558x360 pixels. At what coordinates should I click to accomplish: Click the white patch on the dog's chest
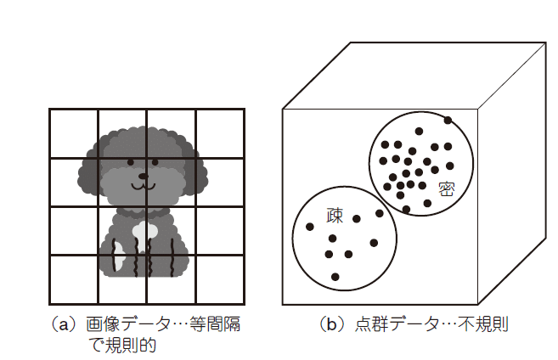click(144, 229)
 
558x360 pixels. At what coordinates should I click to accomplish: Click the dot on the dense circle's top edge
click(448, 120)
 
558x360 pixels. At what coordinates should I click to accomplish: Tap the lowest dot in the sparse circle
click(335, 276)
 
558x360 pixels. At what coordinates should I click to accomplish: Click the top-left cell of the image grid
click(74, 134)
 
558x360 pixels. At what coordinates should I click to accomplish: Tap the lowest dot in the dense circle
click(406, 209)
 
